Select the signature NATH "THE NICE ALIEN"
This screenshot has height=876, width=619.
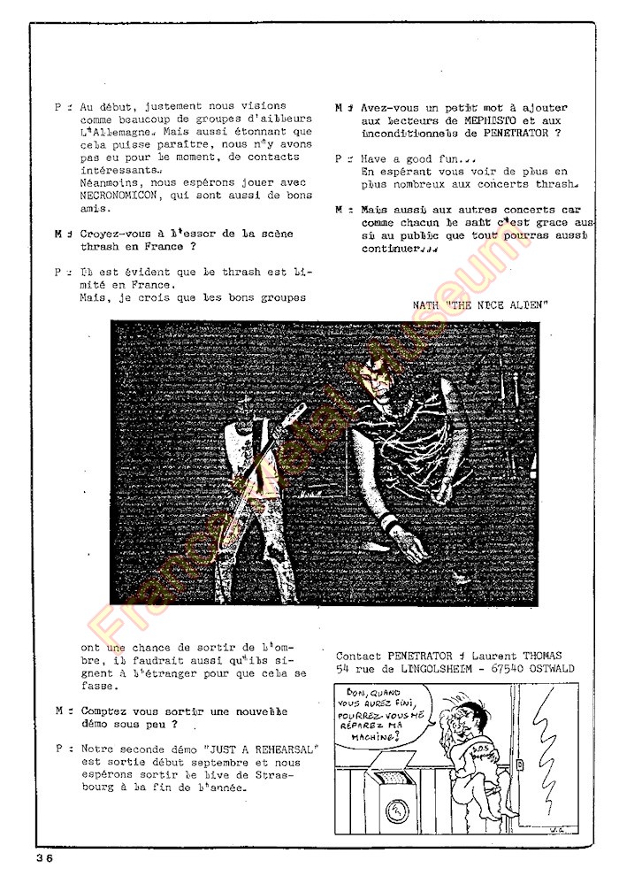pos(480,304)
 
